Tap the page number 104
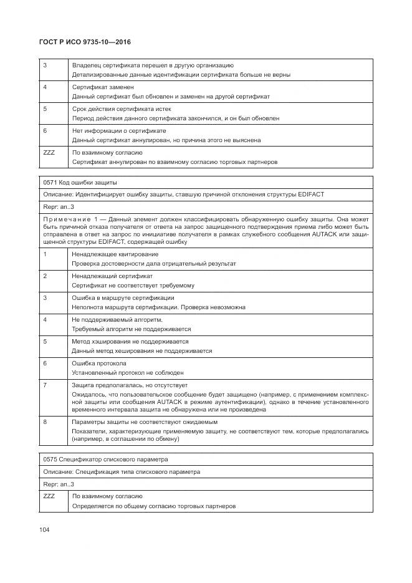tap(44, 529)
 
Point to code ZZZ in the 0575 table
tap(49, 496)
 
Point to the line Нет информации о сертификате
tap(119, 130)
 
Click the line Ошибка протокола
tap(99, 363)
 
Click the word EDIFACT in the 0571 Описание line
tap(310, 195)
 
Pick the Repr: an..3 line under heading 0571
tap(59, 206)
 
